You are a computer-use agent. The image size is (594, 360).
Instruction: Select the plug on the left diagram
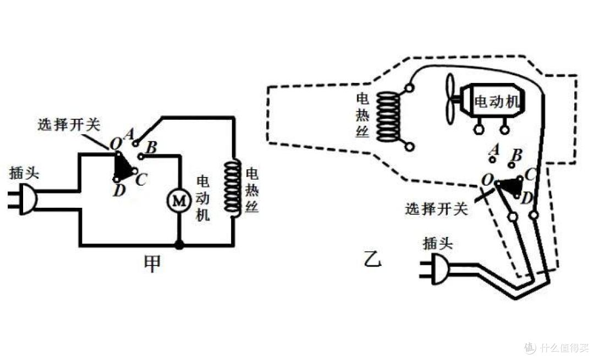coord(23,200)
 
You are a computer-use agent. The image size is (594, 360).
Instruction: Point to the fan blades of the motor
coord(450,99)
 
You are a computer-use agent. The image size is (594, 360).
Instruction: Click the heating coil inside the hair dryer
coord(388,117)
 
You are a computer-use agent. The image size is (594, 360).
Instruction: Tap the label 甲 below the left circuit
coord(152,264)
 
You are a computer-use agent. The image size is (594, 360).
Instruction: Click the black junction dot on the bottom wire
coord(179,245)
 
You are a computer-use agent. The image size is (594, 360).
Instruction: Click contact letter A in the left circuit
coord(129,134)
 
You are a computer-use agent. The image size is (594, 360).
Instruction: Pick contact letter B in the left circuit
coord(152,147)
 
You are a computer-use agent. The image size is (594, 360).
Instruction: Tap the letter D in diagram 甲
coord(119,190)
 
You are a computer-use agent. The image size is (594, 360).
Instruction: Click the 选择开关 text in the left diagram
coord(69,125)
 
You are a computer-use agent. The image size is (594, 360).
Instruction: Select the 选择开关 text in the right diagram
coord(436,209)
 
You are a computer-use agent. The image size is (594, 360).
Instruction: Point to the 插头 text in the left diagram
coord(24,173)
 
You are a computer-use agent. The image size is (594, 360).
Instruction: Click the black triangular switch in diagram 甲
coord(124,167)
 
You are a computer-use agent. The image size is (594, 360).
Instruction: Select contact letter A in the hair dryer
coord(494,149)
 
